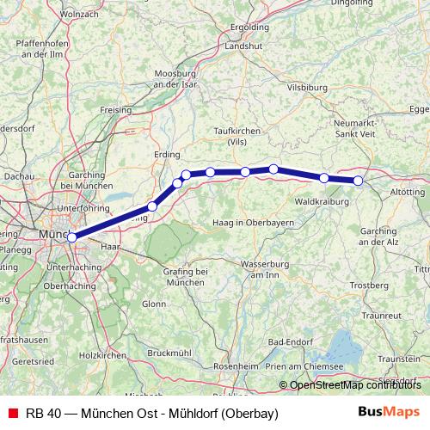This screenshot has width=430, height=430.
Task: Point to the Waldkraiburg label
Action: click(319, 201)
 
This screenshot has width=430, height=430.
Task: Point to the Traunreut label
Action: click(381, 316)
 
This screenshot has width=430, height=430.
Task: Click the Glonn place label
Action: click(154, 304)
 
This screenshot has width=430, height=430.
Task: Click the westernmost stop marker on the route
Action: click(72, 236)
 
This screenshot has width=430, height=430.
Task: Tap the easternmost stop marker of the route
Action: click(359, 181)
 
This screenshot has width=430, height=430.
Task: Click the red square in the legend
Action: click(11, 413)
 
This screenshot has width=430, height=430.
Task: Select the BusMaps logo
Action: click(389, 412)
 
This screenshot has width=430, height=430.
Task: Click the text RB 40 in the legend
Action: click(42, 413)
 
